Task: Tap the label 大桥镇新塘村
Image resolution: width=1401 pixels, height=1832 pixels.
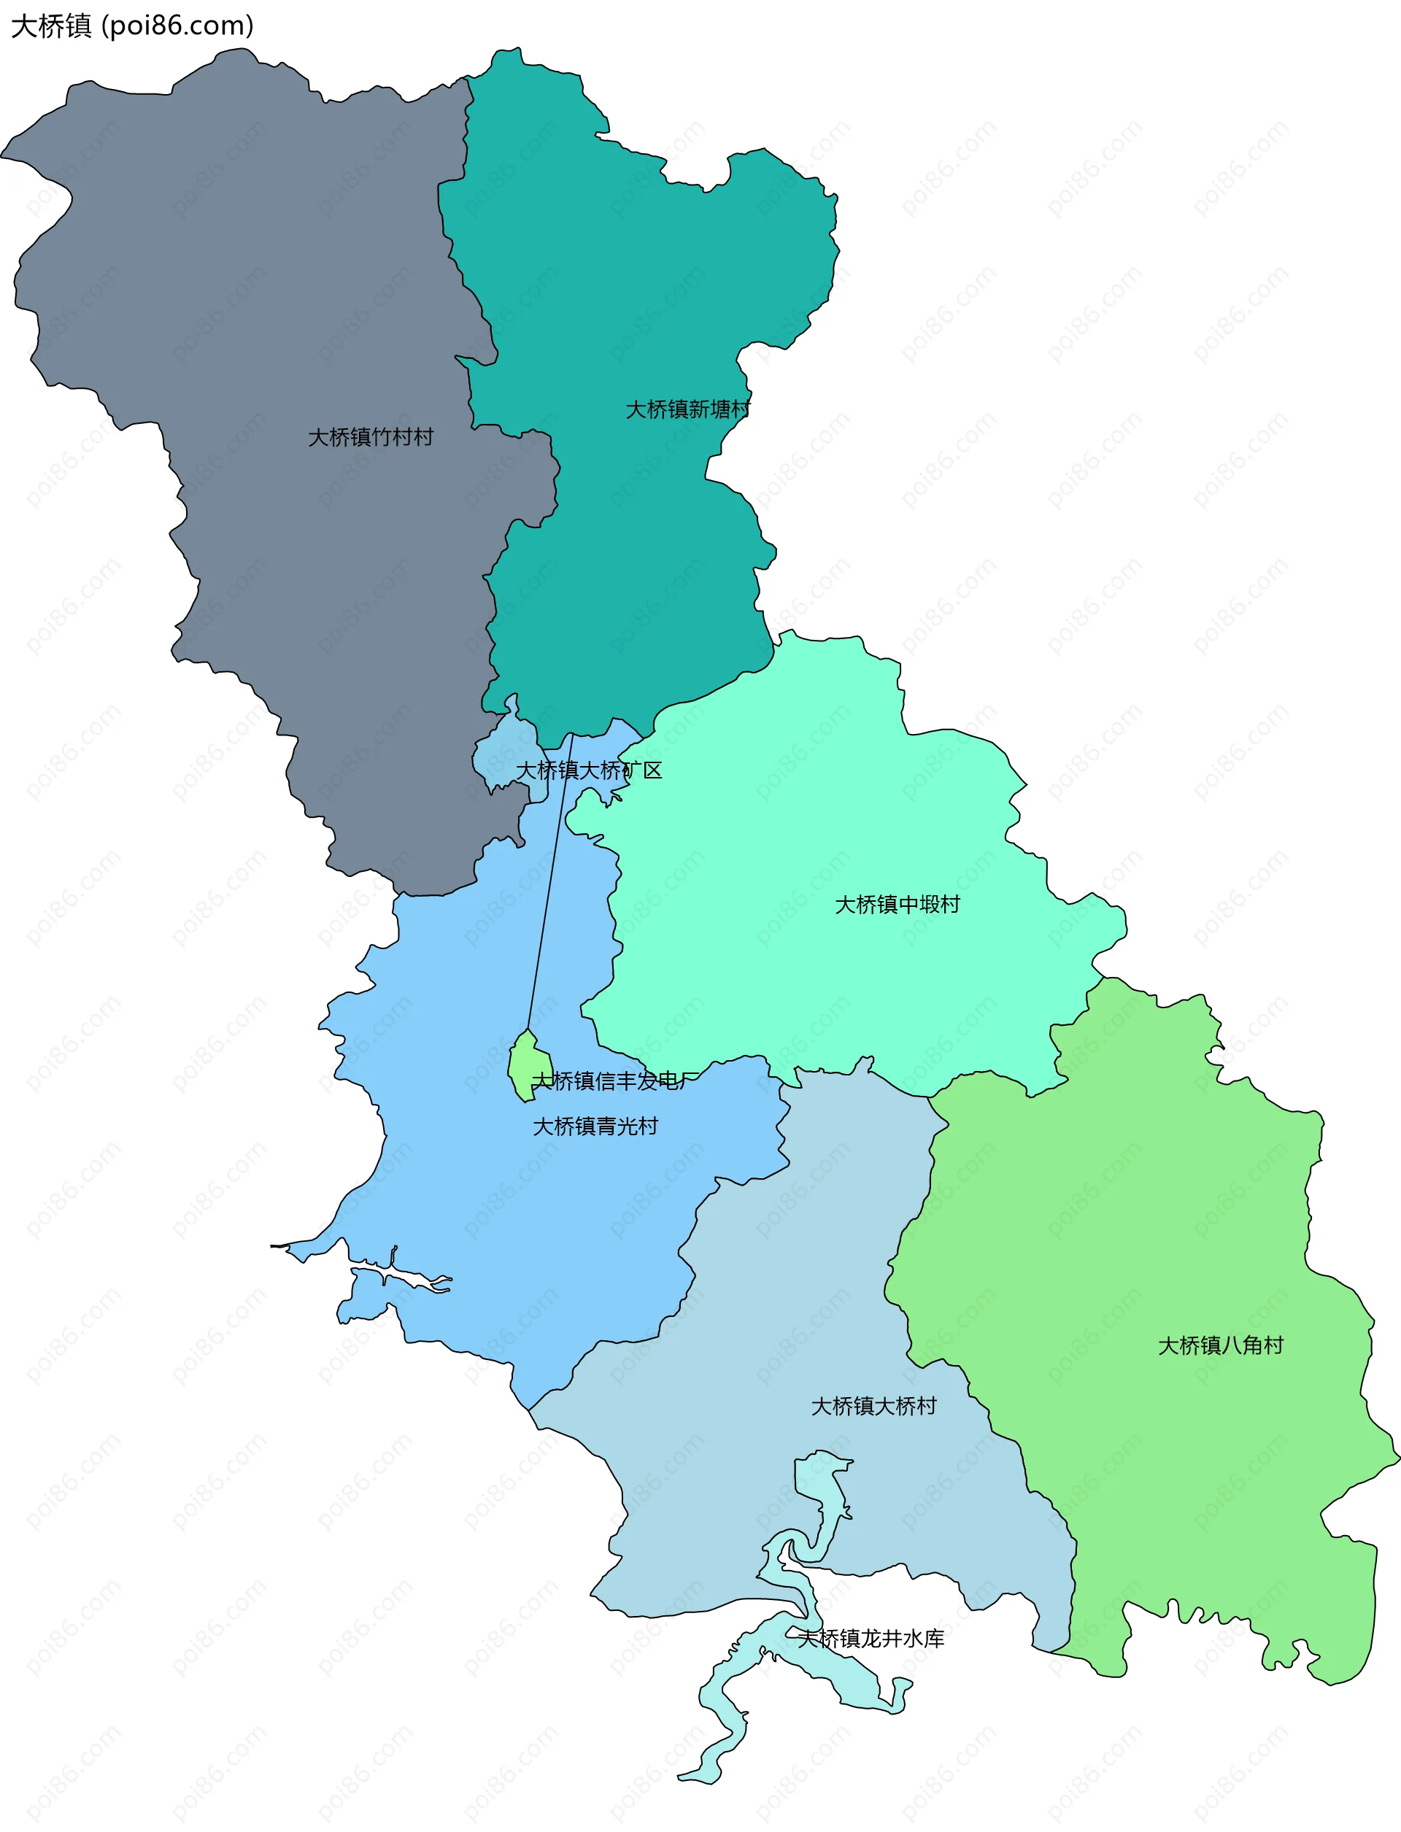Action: (x=688, y=409)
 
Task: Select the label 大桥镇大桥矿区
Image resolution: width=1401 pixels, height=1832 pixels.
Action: (x=589, y=770)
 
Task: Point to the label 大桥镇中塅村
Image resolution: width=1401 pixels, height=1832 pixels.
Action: (x=898, y=904)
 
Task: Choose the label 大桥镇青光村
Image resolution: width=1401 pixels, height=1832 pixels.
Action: (x=595, y=1126)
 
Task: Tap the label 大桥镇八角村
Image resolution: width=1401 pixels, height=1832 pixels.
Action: (x=1221, y=1345)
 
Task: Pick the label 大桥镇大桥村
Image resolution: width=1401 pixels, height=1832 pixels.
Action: (x=874, y=1406)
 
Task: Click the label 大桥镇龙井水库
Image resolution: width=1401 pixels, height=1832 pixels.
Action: (x=871, y=1639)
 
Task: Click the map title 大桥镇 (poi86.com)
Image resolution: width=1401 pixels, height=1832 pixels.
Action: (x=132, y=26)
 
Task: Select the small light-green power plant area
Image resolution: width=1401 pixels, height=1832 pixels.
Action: (x=528, y=1067)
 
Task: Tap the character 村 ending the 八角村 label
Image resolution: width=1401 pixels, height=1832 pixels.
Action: (x=1273, y=1345)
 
